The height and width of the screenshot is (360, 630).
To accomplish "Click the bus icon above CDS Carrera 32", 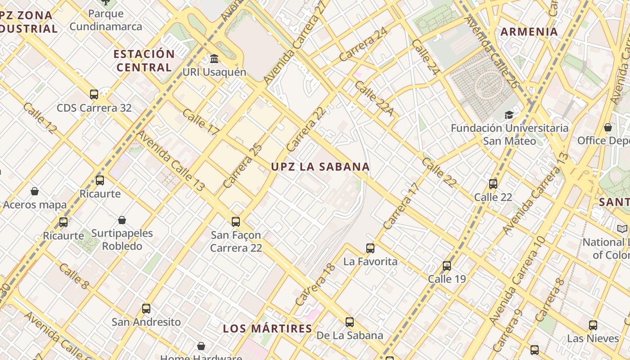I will (94, 94).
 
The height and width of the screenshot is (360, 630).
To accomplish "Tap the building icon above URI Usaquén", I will (214, 59).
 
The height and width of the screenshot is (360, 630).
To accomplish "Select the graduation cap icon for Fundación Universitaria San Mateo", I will (509, 115).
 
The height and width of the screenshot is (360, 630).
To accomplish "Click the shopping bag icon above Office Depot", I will (608, 127).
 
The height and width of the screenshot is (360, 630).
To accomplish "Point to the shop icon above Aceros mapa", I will (35, 192).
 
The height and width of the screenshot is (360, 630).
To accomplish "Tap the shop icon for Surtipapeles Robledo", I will (122, 220).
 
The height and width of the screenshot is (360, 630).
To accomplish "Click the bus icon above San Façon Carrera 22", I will (236, 221).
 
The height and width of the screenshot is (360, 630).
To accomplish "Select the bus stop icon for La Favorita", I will (370, 248).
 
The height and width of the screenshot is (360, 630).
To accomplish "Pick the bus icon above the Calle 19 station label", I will (447, 265).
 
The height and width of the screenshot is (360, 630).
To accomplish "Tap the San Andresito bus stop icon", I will (146, 309).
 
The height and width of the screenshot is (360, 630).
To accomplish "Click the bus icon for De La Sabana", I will (350, 322).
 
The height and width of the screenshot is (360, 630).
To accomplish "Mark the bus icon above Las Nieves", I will (593, 325).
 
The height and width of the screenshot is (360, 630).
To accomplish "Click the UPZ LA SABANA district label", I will (320, 166).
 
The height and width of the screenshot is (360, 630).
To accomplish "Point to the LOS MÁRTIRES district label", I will (268, 328).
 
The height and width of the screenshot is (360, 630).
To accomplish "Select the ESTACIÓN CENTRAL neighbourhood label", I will (144, 61).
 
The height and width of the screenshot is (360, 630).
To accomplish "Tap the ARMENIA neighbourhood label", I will (529, 32).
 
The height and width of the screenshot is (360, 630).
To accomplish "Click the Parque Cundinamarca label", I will (106, 20).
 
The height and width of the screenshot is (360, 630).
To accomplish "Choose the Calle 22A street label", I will (373, 99).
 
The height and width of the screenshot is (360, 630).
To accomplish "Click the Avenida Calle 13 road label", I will (171, 161).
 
